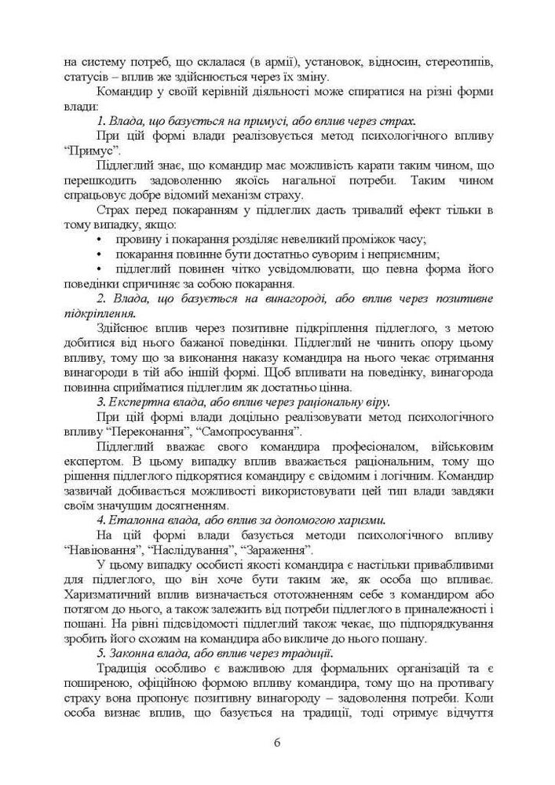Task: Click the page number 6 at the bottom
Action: pyautogui.click(x=277, y=743)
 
